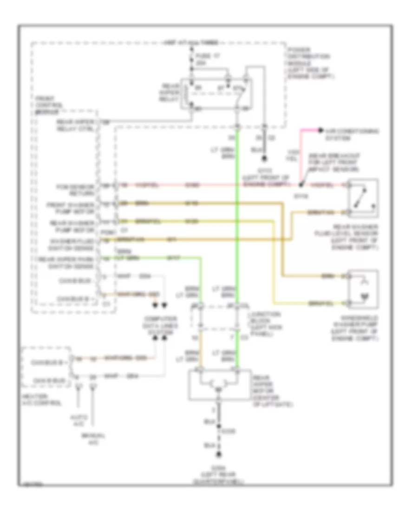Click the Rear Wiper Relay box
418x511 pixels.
[x=216, y=93]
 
